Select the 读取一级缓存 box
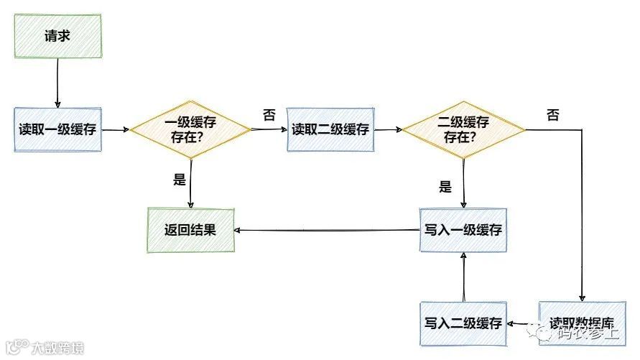coord(58,130)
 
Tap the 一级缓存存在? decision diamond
coord(190,129)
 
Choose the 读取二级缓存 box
coord(330,130)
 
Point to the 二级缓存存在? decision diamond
coord(463,129)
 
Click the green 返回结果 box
coord(190,231)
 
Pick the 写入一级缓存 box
coord(463,230)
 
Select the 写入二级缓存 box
coord(463,323)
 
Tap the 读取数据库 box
coord(581,323)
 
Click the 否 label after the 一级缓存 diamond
coord(269,115)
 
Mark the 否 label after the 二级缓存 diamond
coord(552,115)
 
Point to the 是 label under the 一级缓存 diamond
coord(180,180)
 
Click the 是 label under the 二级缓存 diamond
coord(445,188)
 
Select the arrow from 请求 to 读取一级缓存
coord(57,83)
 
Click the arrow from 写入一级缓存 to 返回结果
coord(327,231)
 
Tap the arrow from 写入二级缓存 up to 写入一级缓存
coord(464,276)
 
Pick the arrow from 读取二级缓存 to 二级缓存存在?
coord(388,130)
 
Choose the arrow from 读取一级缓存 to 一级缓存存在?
coord(115,130)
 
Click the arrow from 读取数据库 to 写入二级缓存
coord(523,323)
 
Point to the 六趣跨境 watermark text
coord(57,348)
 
